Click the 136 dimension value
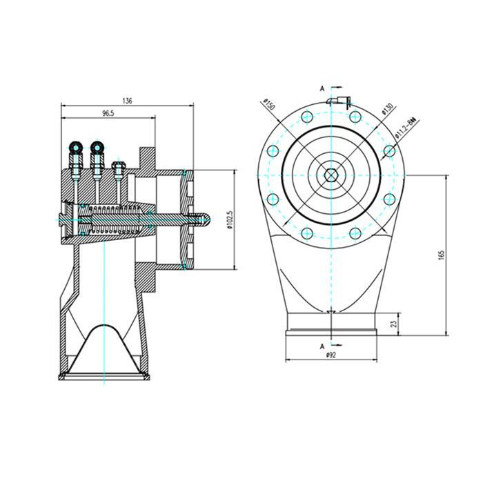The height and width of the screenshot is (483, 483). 126,101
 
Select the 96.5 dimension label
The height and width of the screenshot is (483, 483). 108,113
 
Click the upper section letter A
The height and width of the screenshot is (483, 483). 322,88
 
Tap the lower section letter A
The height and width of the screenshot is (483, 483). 322,344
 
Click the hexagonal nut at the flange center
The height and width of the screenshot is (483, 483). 332,175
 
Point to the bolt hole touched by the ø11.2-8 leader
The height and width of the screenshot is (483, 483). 390,150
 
